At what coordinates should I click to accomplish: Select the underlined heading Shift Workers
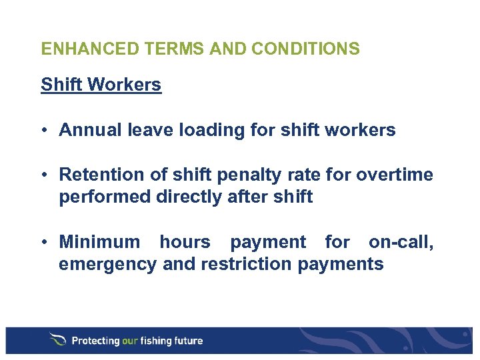pos(101,85)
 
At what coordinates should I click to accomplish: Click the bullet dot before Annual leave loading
pos(46,130)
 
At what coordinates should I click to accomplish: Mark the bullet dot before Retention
pos(46,175)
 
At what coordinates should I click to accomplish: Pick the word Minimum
pos(100,241)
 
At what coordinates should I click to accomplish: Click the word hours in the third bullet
pos(185,241)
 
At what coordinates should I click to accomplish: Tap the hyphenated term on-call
pos(401,241)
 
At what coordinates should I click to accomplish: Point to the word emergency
pos(109,265)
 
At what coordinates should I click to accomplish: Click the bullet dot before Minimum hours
pos(46,241)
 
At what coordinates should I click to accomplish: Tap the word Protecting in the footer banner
pos(95,341)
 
